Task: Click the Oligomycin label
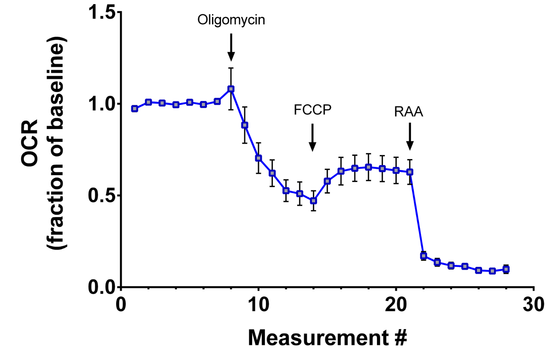[231, 20]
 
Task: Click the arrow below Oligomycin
[231, 48]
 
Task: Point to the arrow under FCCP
[312, 137]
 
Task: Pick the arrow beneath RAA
[410, 137]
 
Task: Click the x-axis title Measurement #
[327, 338]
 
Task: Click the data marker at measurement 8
[231, 89]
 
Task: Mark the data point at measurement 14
[314, 201]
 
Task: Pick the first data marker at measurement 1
[135, 109]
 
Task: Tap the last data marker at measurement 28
[506, 269]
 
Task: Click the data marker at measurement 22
[424, 255]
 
